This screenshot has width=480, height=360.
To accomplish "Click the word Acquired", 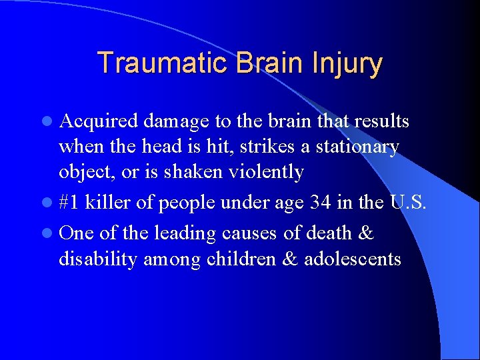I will (99, 122).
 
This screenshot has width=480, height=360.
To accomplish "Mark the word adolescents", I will (352, 259).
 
